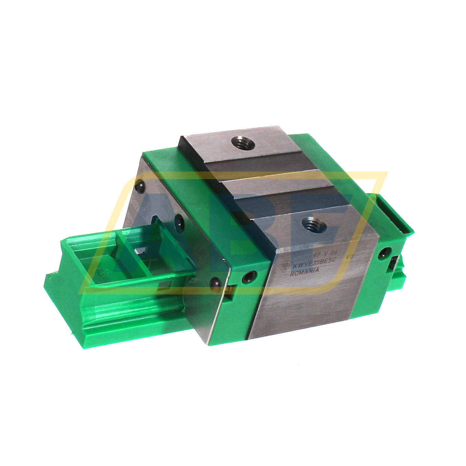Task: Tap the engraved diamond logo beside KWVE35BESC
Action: pyautogui.click(x=285, y=265)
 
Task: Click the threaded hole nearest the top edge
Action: pyautogui.click(x=243, y=142)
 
